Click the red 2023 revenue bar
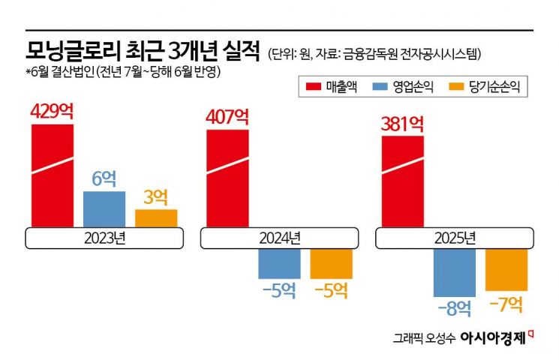click(x=53, y=175)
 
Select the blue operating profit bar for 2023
click(x=104, y=209)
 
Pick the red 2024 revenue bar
click(x=227, y=178)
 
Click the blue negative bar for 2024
click(x=279, y=263)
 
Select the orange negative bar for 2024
click(x=331, y=263)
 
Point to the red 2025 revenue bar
click(x=402, y=181)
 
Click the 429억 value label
click(x=53, y=112)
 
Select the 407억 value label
click(x=227, y=117)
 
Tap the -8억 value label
click(x=455, y=307)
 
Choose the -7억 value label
click(x=506, y=304)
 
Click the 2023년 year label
click(x=104, y=238)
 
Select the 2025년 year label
click(x=455, y=238)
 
